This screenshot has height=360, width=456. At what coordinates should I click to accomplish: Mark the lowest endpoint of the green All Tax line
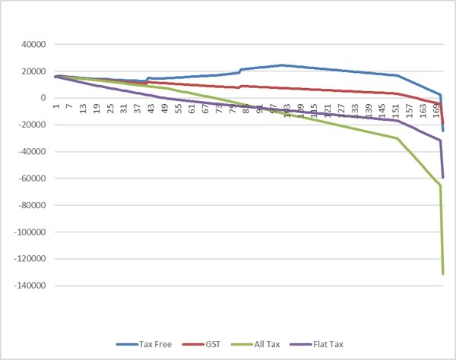coord(442,273)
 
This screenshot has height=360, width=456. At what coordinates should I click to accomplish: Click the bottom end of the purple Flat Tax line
coord(442,177)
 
